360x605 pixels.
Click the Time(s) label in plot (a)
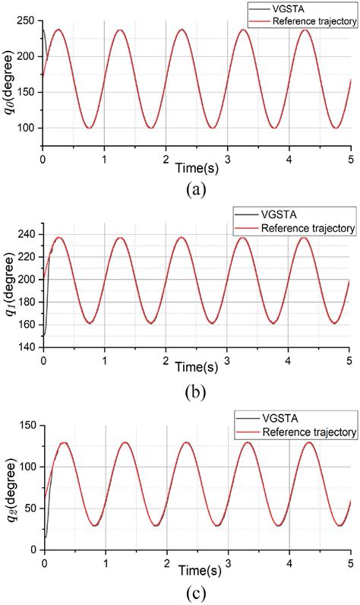197,165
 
